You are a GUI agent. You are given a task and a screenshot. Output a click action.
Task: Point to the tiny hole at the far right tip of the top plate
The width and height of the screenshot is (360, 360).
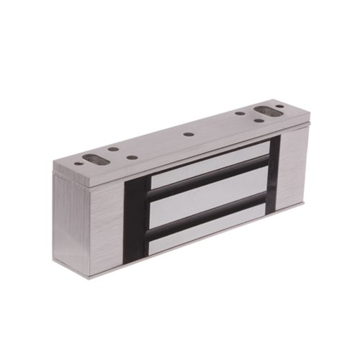pos(279,107)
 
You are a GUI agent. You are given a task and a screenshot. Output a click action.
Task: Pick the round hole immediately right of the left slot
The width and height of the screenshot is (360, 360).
pos(113,149)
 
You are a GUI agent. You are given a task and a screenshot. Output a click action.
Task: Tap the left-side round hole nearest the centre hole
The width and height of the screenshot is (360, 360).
pos(131,157)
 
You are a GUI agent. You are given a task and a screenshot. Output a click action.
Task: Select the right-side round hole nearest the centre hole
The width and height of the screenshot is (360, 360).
pos(239,113)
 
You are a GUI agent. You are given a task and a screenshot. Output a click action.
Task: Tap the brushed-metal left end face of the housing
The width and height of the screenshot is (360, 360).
pos(72,223)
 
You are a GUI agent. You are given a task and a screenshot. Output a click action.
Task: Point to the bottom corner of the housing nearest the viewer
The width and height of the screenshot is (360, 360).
pos(90,277)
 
